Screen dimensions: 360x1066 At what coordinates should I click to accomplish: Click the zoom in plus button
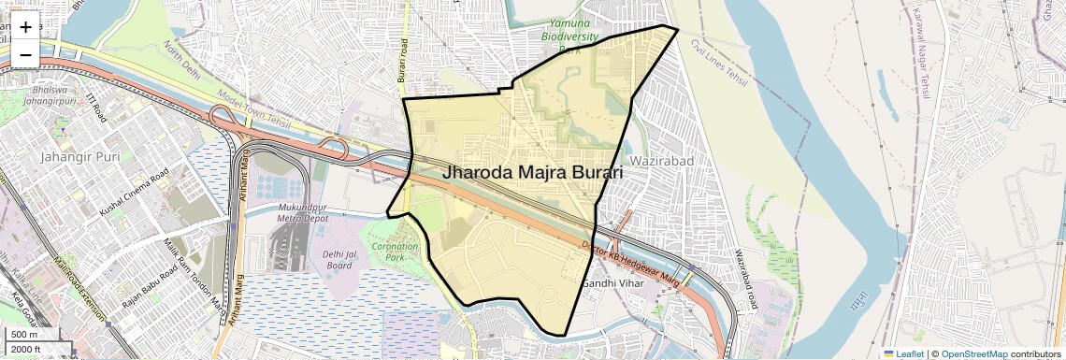pyautogui.click(x=25, y=27)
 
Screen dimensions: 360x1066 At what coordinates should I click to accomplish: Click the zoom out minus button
pyautogui.click(x=25, y=55)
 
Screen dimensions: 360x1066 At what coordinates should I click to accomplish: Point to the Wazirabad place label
pyautogui.click(x=662, y=161)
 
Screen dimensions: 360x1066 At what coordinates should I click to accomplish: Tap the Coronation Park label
pyautogui.click(x=395, y=251)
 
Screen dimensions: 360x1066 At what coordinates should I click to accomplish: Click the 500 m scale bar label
pyautogui.click(x=24, y=334)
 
